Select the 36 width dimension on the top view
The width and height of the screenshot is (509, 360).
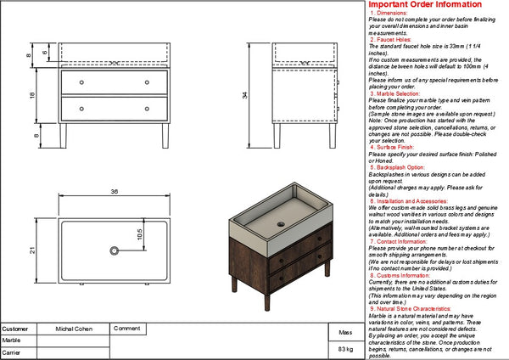pos(113,192)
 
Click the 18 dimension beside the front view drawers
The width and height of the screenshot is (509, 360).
pos(32,96)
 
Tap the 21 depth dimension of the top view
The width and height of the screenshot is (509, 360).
pos(32,250)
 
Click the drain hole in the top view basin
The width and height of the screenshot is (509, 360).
pos(113,250)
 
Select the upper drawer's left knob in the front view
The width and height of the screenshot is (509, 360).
pos(82,82)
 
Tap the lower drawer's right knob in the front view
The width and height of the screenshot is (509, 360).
pos(148,109)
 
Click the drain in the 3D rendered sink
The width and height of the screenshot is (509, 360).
pos(282,222)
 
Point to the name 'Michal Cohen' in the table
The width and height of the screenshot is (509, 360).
pos(74,328)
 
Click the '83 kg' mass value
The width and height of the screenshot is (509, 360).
pos(345,349)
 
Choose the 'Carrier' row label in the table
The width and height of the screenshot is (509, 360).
pos(12,351)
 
